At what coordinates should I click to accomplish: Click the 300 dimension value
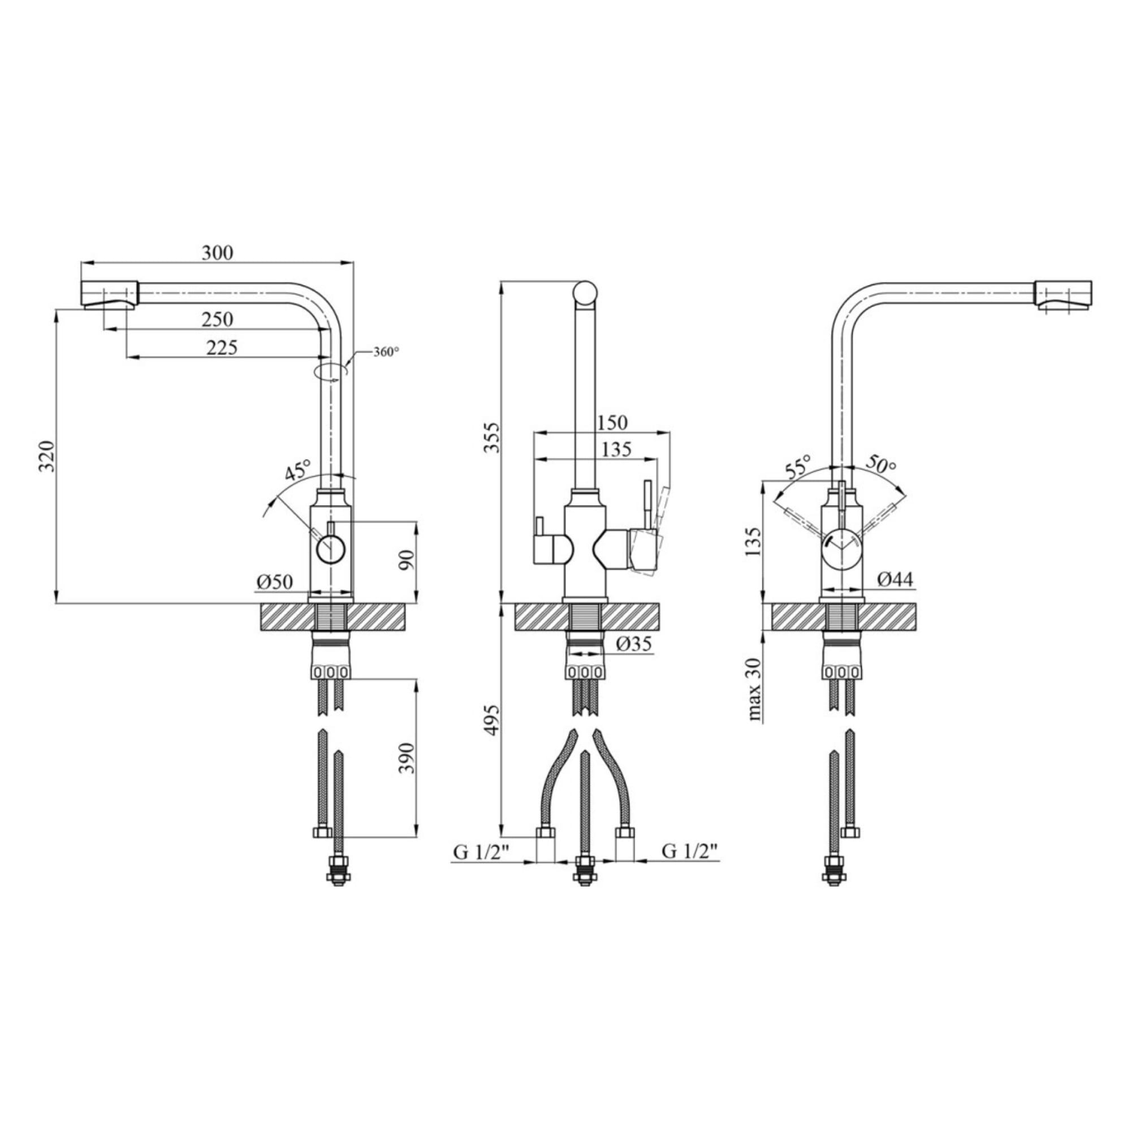pos(217,253)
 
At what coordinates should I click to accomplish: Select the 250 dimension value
pos(217,320)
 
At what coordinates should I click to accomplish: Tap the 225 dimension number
pos(222,348)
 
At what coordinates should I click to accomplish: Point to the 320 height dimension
pos(48,456)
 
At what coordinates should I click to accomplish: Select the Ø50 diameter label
pos(274,582)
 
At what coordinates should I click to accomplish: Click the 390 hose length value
pos(406,758)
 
